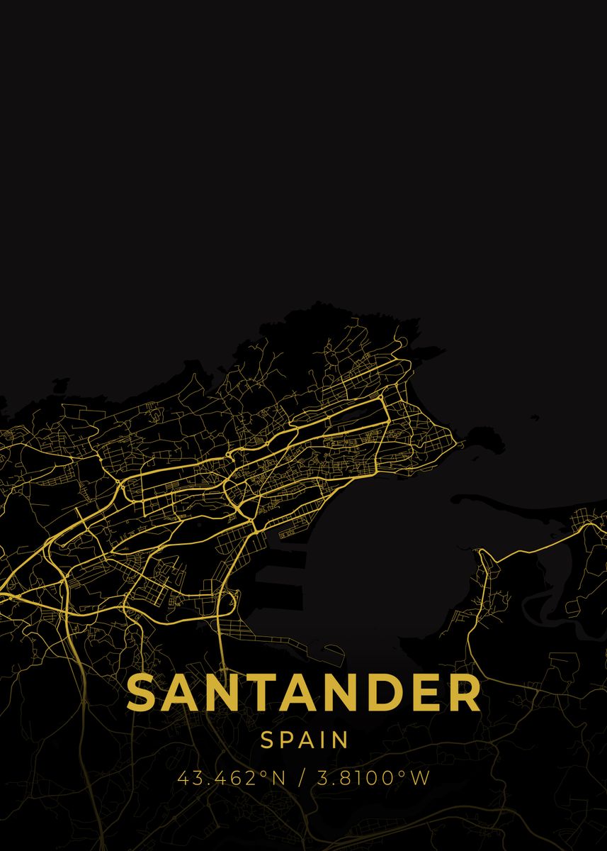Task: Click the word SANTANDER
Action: (x=304, y=693)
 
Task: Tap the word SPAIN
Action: (x=305, y=740)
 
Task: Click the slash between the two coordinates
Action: (x=302, y=778)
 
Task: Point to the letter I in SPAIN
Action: (x=327, y=740)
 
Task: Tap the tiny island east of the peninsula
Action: (x=533, y=417)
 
